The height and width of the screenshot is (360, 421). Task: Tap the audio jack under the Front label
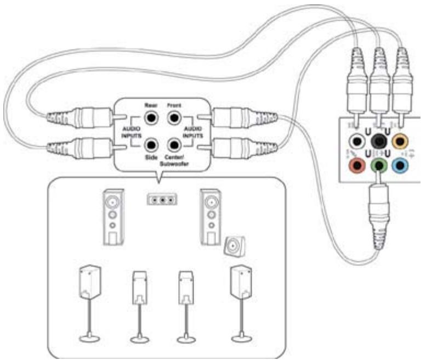174,117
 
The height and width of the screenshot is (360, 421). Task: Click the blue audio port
402,164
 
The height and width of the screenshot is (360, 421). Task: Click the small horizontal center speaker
162,199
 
